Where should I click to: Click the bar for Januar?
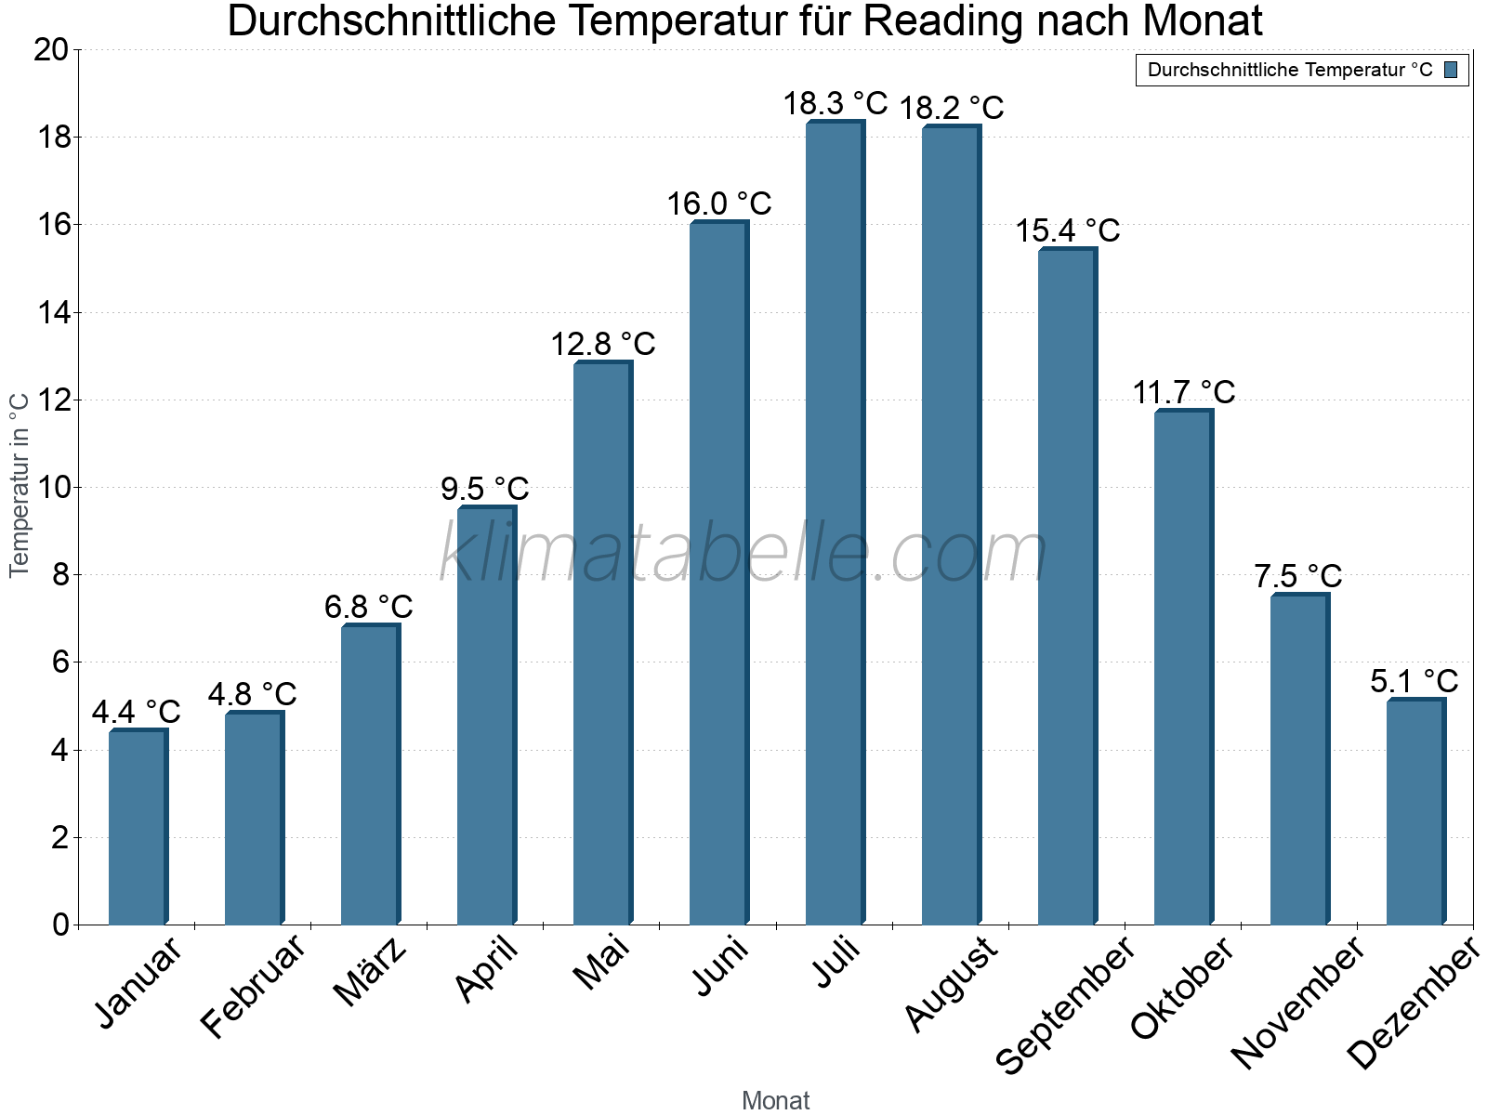[x=138, y=827]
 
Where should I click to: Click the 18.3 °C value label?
[x=835, y=103]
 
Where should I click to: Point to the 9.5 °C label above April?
[x=484, y=488]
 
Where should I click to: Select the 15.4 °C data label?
[x=1067, y=230]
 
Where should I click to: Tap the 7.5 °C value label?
[x=1297, y=576]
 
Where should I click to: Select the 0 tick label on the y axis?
[x=61, y=925]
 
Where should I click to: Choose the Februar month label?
[x=253, y=985]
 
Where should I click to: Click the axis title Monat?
[x=775, y=1101]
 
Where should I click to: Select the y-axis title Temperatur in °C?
[x=20, y=484]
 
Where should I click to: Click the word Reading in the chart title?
[x=943, y=21]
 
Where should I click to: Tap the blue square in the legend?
[x=1451, y=70]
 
